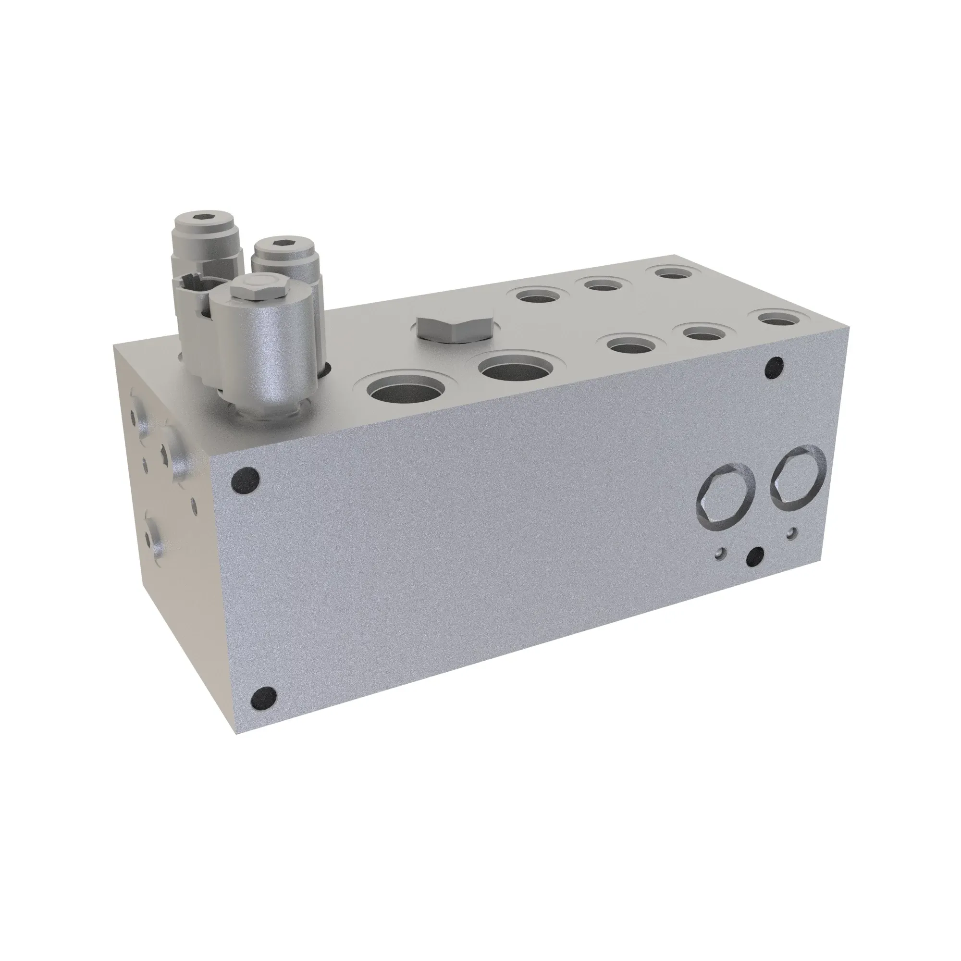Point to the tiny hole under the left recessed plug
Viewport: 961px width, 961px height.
click(x=720, y=553)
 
